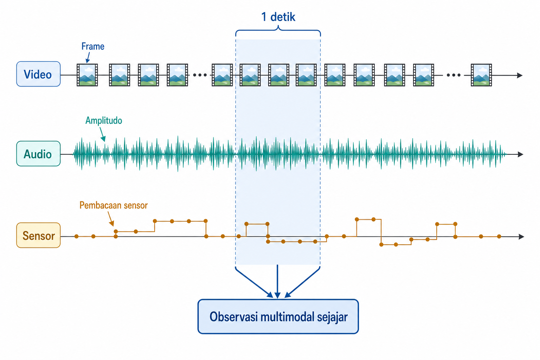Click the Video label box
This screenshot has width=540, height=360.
[38, 74]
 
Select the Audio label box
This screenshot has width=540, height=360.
[38, 154]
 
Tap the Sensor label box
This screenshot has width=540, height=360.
[38, 235]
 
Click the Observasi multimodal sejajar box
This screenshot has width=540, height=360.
[278, 317]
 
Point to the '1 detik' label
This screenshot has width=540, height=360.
[278, 17]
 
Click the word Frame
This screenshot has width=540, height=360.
[93, 46]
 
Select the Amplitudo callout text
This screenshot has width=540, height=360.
[104, 120]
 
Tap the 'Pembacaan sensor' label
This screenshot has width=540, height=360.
[113, 205]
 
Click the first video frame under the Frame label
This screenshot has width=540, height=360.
[87, 75]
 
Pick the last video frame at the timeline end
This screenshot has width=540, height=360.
[481, 75]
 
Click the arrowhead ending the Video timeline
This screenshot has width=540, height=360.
[520, 75]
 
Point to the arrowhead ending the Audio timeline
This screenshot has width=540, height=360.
[520, 154]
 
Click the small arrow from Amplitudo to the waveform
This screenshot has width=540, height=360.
[102, 134]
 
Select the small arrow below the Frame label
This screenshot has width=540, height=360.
[88, 57]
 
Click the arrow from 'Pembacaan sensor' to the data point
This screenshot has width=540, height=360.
[111, 219]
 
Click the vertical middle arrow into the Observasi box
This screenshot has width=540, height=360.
[277, 281]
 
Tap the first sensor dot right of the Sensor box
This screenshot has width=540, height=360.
[76, 236]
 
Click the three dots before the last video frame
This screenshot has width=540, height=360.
[454, 75]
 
